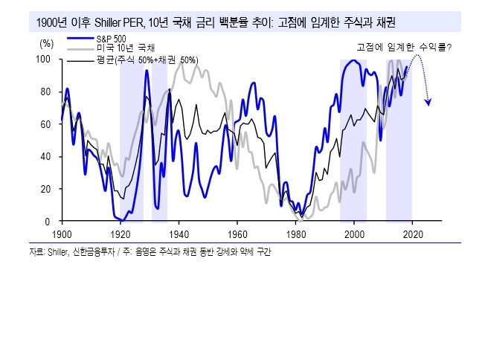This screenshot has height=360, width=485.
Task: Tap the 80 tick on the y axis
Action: click(x=46, y=91)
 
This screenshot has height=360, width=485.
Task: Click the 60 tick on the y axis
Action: click(x=46, y=124)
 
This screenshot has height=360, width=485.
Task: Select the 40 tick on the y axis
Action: click(x=46, y=157)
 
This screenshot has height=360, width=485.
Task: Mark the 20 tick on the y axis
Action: click(x=46, y=189)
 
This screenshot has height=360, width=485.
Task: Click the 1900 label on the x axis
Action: click(x=62, y=234)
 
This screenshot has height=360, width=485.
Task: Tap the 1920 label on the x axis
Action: click(x=121, y=234)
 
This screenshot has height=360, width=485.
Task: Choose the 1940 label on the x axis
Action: click(x=179, y=234)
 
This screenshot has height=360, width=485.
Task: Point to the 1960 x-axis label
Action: click(x=237, y=234)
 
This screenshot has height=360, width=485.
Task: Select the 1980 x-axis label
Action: click(x=295, y=234)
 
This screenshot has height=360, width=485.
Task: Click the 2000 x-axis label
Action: click(x=354, y=234)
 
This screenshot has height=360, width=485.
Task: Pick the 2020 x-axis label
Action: click(x=412, y=234)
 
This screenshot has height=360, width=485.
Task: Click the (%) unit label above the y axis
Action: click(x=45, y=43)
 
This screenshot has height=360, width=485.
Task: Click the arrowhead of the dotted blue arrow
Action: click(x=428, y=103)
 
